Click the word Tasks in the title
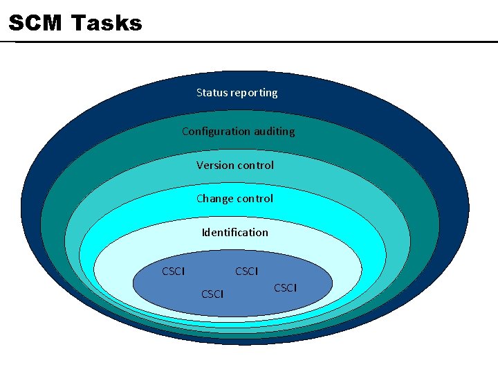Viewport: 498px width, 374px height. tap(107, 24)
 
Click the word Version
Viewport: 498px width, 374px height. tap(215, 165)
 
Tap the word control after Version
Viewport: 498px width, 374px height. tap(255, 165)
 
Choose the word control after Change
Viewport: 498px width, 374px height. tap(255, 198)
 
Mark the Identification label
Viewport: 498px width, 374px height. tap(234, 232)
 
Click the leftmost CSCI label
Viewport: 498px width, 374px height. tap(173, 271)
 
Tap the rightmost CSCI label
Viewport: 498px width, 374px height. tap(285, 287)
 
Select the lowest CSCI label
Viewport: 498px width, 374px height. tap(212, 294)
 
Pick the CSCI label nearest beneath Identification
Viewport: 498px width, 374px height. tap(246, 271)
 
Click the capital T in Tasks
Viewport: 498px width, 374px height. tap(78, 24)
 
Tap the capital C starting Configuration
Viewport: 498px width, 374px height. tap(185, 131)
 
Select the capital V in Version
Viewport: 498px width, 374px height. tap(200, 165)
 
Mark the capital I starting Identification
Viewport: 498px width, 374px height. tap(203, 232)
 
